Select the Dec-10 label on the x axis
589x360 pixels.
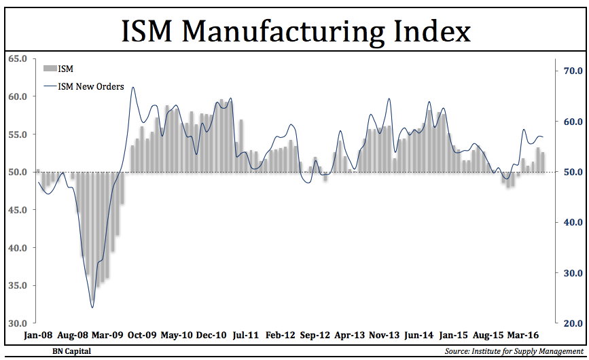click(211, 336)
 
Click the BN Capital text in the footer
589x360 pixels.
click(71, 351)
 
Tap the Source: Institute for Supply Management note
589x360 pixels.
click(514, 351)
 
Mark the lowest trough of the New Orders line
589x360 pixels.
click(92, 307)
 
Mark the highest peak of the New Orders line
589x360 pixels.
click(132, 87)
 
